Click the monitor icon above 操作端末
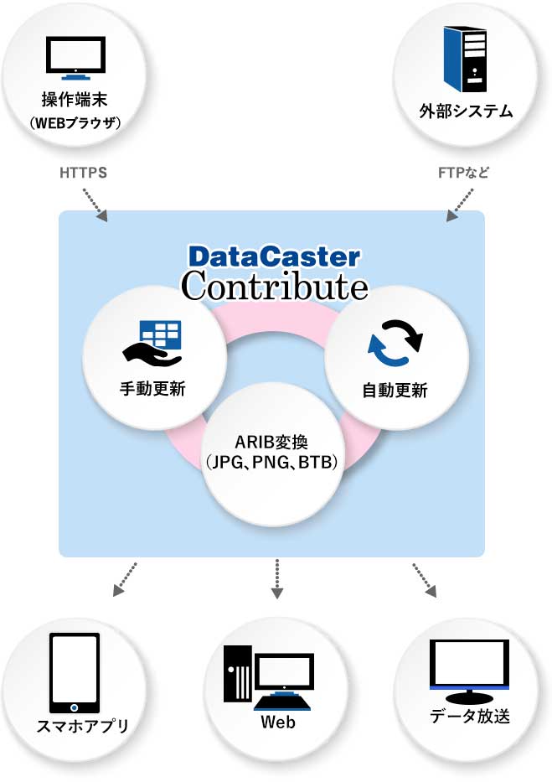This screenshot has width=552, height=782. pos(75,58)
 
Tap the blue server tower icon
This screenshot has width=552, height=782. pos(465,60)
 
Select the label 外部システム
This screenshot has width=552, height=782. pos(466,111)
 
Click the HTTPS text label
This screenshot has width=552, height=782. pos(83,173)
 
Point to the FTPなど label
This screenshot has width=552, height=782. pos(463,173)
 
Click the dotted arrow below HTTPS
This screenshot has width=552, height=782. pos(95,205)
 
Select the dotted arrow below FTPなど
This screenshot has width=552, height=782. pos(459,205)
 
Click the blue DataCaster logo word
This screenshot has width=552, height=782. pos(274,256)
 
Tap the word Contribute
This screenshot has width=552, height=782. pos(275,286)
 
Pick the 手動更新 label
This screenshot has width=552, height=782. pos(152,389)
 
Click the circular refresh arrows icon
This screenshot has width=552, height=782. pos(395,343)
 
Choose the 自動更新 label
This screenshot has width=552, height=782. pos(395,390)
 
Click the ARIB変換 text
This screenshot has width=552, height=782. pos(271,442)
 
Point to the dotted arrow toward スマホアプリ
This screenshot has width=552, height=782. pos(125,579)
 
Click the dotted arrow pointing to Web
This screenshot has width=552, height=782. pos(277,578)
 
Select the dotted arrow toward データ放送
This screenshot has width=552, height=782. pos(425,580)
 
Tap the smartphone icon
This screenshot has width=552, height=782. pos(75,673)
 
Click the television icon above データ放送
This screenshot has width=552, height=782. pos(469,671)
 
